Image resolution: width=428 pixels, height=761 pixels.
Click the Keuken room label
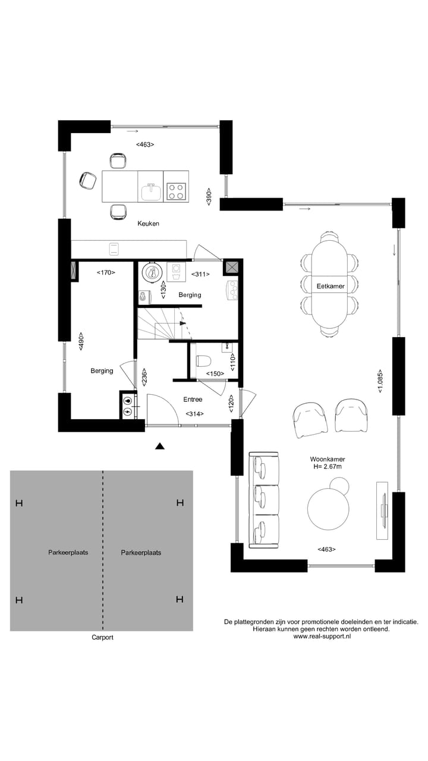148,224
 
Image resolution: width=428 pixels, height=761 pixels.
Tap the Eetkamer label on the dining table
331,287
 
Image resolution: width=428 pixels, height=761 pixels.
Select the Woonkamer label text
328,460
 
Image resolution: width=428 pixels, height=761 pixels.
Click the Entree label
193,400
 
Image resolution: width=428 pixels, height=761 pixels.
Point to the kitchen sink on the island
152,191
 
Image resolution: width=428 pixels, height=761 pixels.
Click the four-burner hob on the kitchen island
176,191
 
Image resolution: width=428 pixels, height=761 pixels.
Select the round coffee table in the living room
328,509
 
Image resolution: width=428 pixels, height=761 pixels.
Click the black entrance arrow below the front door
159,446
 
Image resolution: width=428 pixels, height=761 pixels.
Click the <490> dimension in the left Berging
81,341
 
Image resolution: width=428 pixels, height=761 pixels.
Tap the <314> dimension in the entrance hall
194,414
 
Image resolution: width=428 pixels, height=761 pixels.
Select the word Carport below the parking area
102,637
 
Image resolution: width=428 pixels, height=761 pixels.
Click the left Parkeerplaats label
68,552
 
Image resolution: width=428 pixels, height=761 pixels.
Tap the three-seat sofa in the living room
264,500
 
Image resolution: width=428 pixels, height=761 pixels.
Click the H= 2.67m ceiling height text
328,467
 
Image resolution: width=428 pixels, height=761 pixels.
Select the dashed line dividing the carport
103,550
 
